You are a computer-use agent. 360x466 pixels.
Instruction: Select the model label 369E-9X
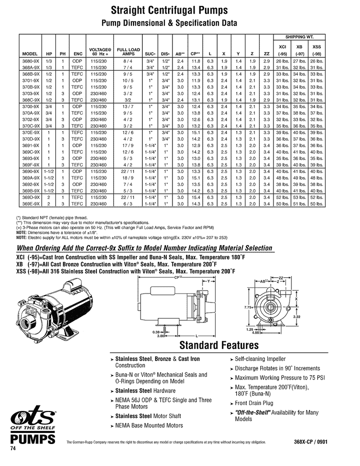click(31, 204)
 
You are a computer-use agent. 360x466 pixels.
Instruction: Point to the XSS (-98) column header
click(316, 49)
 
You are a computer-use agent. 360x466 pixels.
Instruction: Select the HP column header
click(49, 54)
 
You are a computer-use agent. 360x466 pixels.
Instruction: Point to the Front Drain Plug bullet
click(253, 403)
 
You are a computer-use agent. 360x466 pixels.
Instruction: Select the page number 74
click(13, 450)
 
